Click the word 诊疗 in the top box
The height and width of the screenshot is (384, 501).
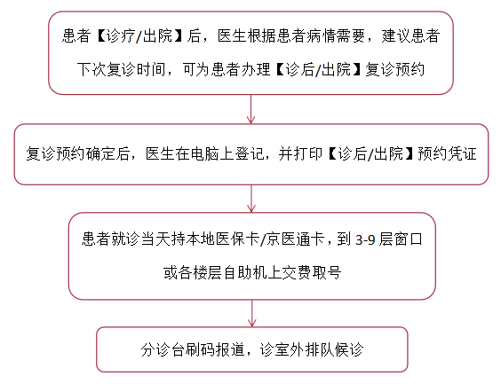pyautogui.click(x=121, y=35)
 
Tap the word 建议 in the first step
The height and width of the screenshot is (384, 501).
pyautogui.click(x=396, y=35)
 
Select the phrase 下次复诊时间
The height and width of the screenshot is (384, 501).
pyautogui.click(x=121, y=69)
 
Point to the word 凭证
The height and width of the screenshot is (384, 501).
pyautogui.click(x=462, y=153)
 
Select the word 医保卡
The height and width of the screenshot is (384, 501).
pyautogui.click(x=237, y=239)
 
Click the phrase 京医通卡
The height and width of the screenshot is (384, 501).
pyautogui.click(x=295, y=239)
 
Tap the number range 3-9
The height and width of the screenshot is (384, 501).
pyautogui.click(x=365, y=239)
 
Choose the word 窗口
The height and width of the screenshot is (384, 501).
pyautogui.click(x=408, y=239)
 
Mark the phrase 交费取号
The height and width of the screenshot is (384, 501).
pyautogui.click(x=312, y=272)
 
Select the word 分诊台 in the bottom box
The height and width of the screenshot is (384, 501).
pyautogui.click(x=163, y=350)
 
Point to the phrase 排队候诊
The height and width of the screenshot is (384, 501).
pyautogui.click(x=335, y=350)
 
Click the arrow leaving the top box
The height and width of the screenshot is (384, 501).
pyautogui.click(x=250, y=109)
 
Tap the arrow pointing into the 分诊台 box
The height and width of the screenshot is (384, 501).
pyautogui.click(x=252, y=313)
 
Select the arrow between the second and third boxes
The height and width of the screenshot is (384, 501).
pyautogui.click(x=251, y=199)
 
